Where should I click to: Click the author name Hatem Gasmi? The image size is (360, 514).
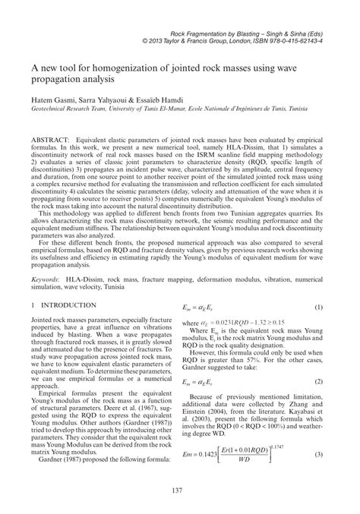pyautogui.click(x=54, y=100)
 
